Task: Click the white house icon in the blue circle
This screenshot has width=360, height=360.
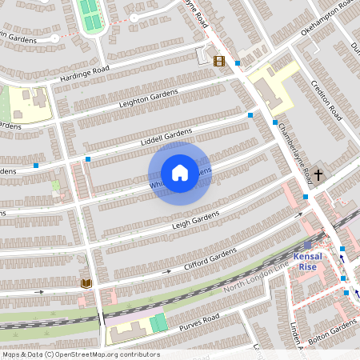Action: tap(180, 173)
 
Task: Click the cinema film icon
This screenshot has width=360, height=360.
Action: tap(219, 60)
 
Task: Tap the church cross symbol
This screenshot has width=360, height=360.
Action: tap(318, 174)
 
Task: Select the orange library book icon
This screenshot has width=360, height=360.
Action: tap(86, 283)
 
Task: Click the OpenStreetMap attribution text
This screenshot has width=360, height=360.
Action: tap(80, 354)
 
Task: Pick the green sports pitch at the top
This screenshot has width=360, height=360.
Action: tap(90, 14)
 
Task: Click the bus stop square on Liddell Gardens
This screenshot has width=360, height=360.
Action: tap(88, 158)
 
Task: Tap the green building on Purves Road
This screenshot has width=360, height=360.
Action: tap(158, 324)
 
